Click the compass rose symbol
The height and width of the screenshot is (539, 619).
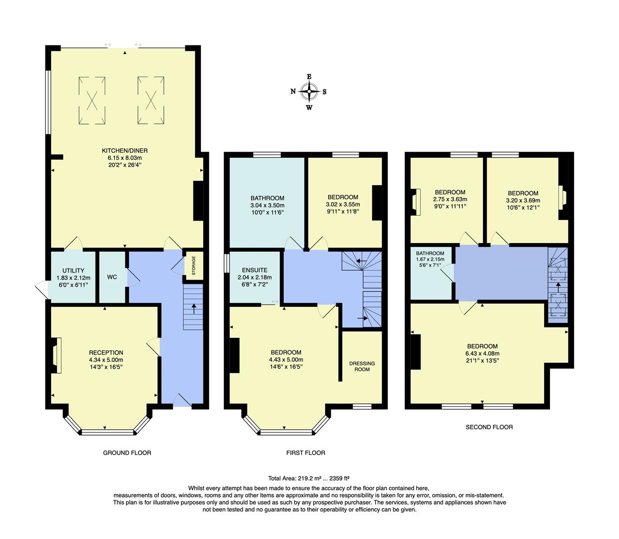(x=309, y=91)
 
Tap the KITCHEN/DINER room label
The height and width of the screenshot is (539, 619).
(x=125, y=151)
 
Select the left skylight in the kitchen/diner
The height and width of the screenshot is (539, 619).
(x=92, y=100)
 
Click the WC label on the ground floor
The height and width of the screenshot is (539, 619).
(x=112, y=277)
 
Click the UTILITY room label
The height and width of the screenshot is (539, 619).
(x=73, y=271)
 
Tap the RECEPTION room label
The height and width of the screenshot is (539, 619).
(x=106, y=353)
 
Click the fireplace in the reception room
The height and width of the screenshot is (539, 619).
(x=56, y=355)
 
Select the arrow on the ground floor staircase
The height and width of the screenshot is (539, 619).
(x=193, y=308)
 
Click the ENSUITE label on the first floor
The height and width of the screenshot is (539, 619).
(x=254, y=270)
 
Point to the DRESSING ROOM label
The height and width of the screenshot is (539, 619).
(x=362, y=366)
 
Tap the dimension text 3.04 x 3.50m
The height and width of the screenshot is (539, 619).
(x=267, y=205)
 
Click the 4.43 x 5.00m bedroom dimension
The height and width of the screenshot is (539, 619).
(x=286, y=359)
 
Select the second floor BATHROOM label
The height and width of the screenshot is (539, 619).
(x=430, y=254)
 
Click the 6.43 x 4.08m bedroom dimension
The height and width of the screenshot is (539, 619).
(x=482, y=353)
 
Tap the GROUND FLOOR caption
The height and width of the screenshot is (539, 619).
(x=127, y=453)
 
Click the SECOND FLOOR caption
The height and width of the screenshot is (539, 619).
(x=489, y=427)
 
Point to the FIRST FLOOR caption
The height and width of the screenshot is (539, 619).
(x=305, y=453)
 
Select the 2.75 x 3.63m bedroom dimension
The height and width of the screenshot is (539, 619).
(x=450, y=199)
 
